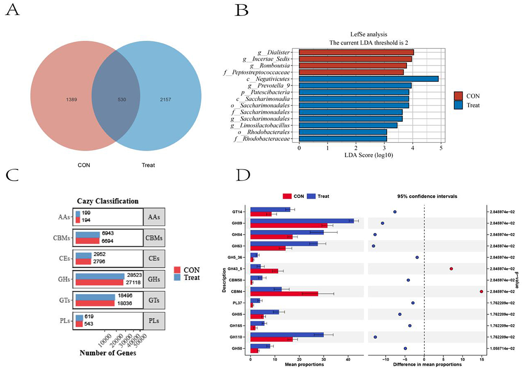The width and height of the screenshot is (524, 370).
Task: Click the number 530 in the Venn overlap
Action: [122, 99]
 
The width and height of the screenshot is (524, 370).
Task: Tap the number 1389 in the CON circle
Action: [72, 99]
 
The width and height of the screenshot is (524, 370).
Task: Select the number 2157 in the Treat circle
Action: [165, 99]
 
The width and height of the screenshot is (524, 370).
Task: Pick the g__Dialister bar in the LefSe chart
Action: [356, 52]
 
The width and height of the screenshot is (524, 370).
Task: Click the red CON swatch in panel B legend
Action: [458, 96]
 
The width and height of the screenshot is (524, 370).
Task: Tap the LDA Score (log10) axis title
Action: [369, 155]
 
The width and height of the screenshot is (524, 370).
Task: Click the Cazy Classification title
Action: [108, 201]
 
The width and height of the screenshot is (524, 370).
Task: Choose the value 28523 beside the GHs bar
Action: [134, 275]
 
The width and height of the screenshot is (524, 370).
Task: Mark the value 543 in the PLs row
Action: [89, 324]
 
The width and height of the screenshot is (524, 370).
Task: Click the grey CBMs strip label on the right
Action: [154, 238]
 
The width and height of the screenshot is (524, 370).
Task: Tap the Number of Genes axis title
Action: [108, 353]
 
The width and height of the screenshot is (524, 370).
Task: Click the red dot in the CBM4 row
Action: [481, 292]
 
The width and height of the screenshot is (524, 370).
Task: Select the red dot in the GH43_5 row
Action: [451, 269]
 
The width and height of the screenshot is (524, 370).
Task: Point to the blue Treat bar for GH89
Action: [302, 221]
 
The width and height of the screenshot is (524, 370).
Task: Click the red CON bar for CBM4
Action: [284, 294]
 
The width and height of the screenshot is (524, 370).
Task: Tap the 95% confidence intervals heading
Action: [427, 196]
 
